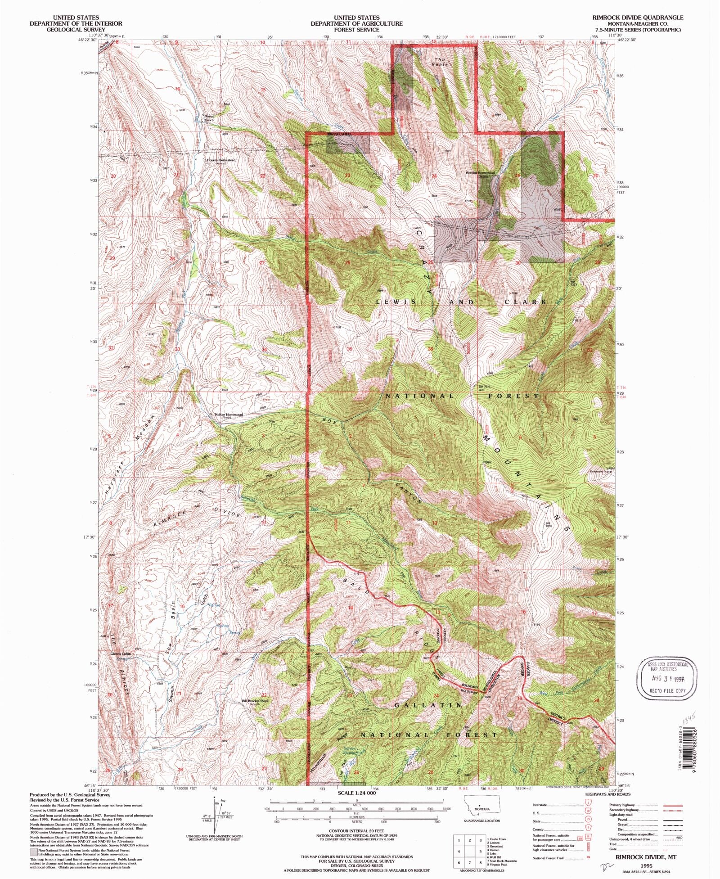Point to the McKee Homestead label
tap(228, 415)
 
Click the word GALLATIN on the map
tap(428, 705)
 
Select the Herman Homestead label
tap(480, 172)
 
